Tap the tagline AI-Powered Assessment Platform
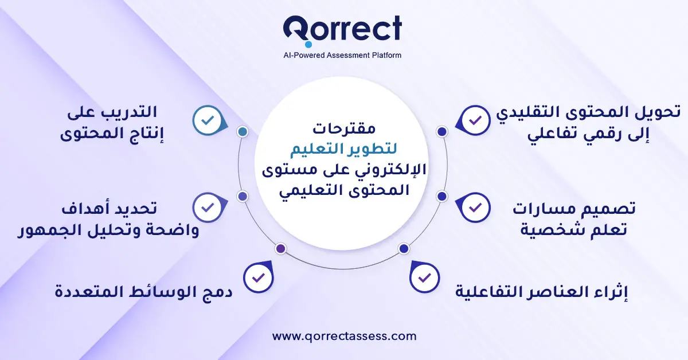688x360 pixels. point(342,56)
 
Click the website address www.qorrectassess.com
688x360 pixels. point(344,336)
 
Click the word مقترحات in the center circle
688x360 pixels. point(344,127)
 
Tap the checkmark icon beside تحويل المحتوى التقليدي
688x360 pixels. point(475,120)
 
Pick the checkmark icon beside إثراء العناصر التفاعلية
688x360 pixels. point(425,278)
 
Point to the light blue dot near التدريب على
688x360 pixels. point(243,132)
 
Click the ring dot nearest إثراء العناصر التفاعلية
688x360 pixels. point(403,249)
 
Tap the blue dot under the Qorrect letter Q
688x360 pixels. point(308,44)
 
